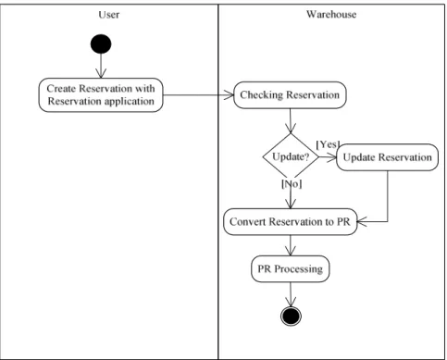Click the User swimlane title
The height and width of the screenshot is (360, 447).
pyautogui.click(x=109, y=15)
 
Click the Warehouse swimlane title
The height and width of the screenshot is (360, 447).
pyautogui.click(x=331, y=14)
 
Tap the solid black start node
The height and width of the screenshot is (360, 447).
pyautogui.click(x=101, y=44)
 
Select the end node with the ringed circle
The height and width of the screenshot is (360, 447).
pyautogui.click(x=291, y=317)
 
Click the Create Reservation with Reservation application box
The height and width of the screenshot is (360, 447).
pyautogui.click(x=101, y=95)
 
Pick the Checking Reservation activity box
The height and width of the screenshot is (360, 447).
pyautogui.click(x=290, y=95)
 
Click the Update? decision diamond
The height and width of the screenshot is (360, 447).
pyautogui.click(x=291, y=156)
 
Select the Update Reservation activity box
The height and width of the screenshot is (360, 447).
pyautogui.click(x=388, y=157)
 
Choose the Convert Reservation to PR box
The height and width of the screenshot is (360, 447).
pyautogui.click(x=291, y=222)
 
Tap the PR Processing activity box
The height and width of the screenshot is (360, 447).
pyautogui.click(x=291, y=269)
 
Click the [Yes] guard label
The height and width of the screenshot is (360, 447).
pyautogui.click(x=328, y=144)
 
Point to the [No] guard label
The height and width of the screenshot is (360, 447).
pyautogui.click(x=292, y=184)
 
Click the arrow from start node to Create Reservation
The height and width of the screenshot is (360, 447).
pyautogui.click(x=101, y=66)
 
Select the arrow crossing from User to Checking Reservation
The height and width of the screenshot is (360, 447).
pyautogui.click(x=198, y=95)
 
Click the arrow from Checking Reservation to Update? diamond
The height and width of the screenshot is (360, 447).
pyautogui.click(x=291, y=120)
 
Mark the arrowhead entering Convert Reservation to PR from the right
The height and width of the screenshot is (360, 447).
pyautogui.click(x=362, y=221)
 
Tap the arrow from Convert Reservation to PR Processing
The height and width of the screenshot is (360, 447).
pyautogui.click(x=291, y=245)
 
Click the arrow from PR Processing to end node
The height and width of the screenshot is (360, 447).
pyautogui.click(x=291, y=294)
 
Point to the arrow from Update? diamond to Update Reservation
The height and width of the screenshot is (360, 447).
pyautogui.click(x=328, y=157)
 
